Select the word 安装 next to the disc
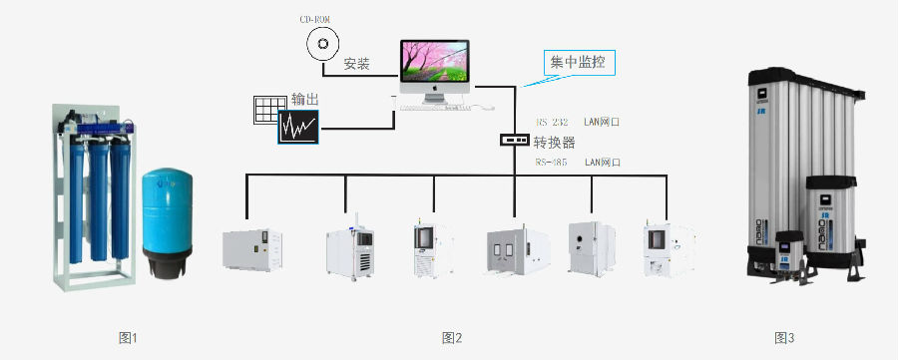356,64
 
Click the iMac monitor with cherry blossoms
435,68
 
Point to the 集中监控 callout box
581,63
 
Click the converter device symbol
514,141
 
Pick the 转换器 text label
555,142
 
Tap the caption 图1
127,338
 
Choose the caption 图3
784,338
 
